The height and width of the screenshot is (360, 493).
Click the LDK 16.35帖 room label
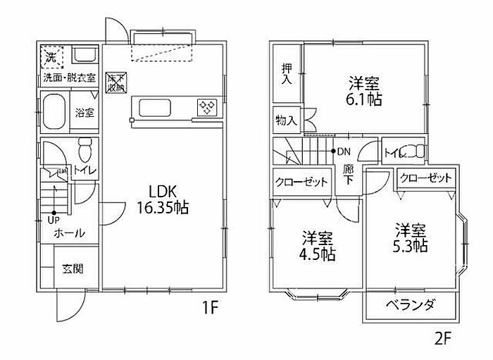[163, 199]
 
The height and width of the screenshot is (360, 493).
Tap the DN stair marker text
[344, 151]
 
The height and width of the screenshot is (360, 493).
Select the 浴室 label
[85, 112]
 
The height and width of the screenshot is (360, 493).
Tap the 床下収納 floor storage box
[115, 83]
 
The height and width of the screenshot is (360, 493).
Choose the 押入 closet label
[287, 73]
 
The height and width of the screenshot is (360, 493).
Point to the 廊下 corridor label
[348, 175]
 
